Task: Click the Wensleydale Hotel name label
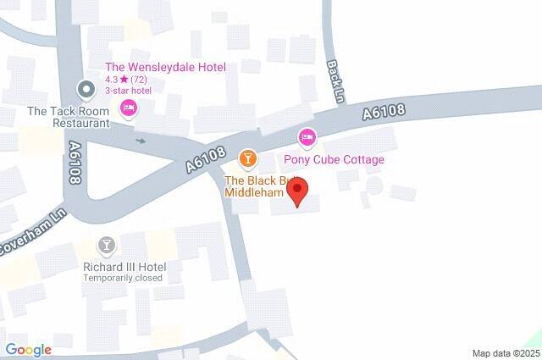(x=165, y=68)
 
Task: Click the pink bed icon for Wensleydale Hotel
(x=129, y=108)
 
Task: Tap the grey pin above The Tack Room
(x=86, y=88)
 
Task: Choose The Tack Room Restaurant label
(x=69, y=117)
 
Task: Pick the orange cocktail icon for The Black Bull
(x=247, y=158)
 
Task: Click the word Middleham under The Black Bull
(x=252, y=192)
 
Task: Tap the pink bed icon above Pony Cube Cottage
(x=307, y=136)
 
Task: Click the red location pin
(x=297, y=194)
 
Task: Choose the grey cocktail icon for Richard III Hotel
(x=107, y=246)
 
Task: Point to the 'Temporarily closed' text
(x=123, y=278)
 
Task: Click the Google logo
(x=29, y=350)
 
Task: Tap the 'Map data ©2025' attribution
(x=506, y=352)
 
